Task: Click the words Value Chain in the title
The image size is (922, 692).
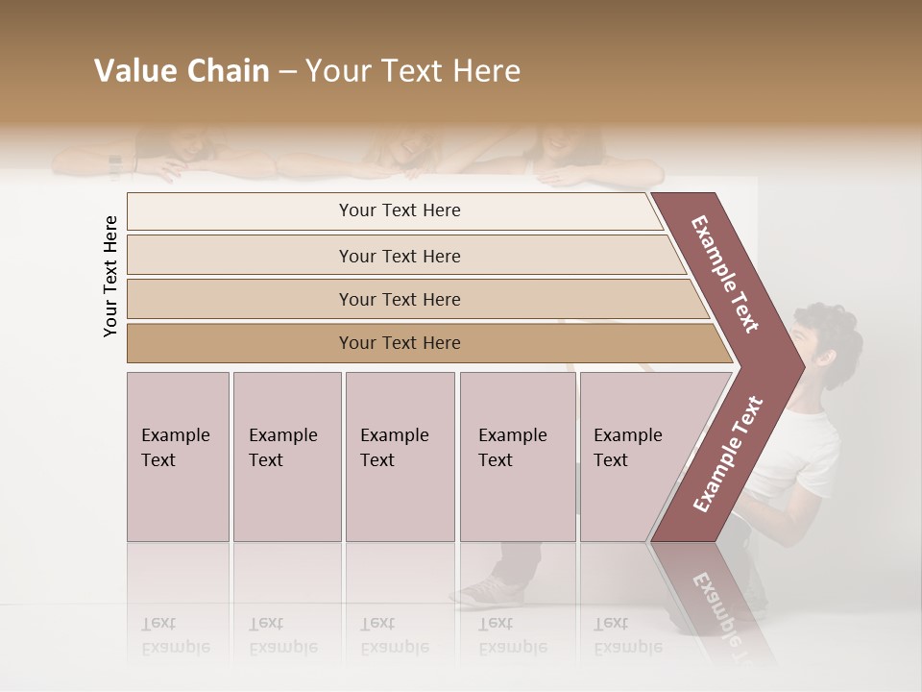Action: coord(182,71)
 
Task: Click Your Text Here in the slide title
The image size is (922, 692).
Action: coord(413,71)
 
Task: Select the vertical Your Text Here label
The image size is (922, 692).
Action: coord(111,276)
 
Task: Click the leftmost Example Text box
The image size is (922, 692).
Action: coord(178,457)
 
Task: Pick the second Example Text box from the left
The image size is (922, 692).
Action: coord(287,457)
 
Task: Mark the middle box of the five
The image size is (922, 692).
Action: coord(400,457)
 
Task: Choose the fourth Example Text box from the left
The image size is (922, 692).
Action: coord(518,457)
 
